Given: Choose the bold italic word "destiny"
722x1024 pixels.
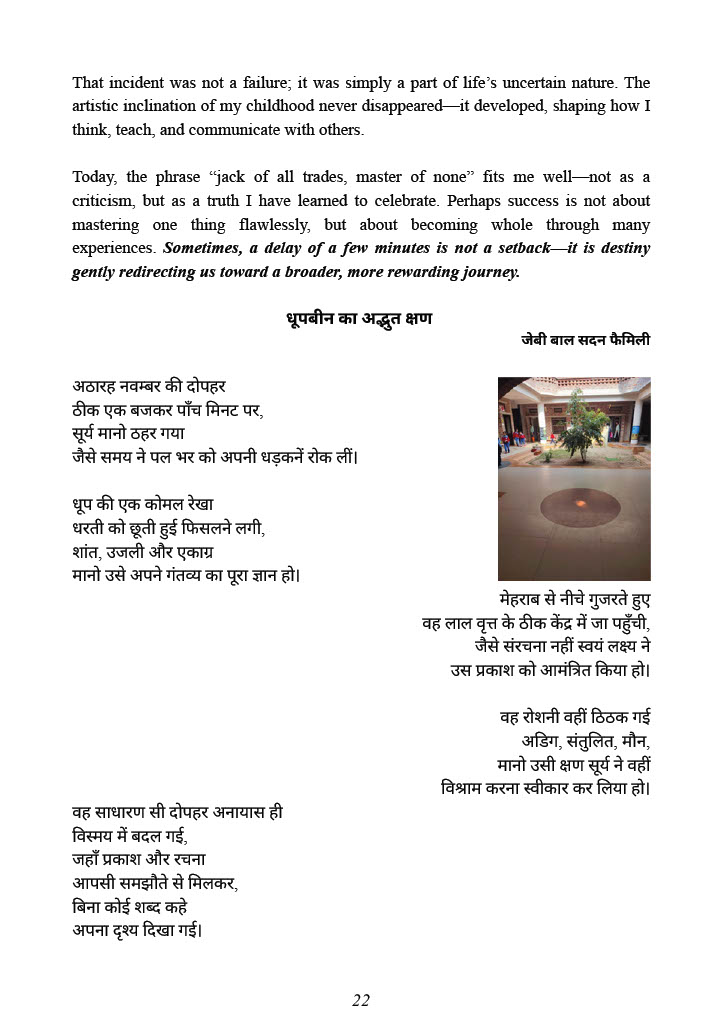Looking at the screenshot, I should point(622,249).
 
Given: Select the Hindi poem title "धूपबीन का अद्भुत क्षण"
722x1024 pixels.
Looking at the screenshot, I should point(359,320).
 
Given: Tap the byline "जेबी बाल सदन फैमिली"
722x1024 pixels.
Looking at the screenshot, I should point(585,340).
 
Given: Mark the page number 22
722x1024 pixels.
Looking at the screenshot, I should point(361,1000).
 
